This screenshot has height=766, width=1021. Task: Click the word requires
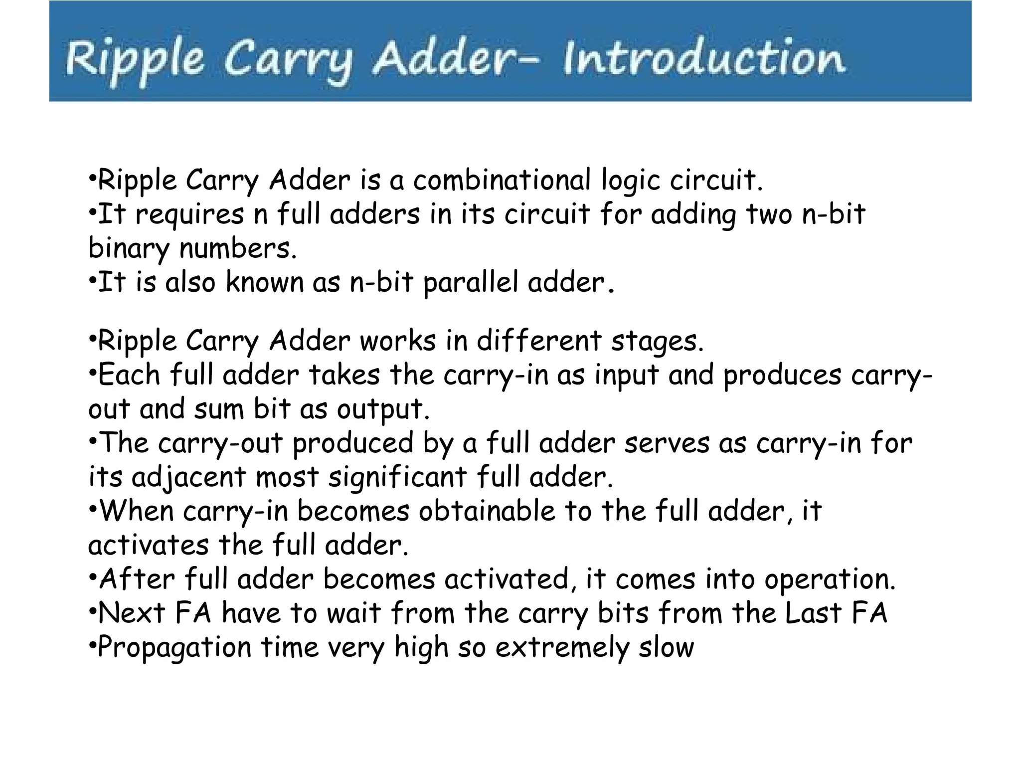click(x=189, y=215)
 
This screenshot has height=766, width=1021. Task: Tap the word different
click(x=539, y=342)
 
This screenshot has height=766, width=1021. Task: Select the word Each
click(x=129, y=375)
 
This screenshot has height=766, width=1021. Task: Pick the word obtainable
click(x=487, y=512)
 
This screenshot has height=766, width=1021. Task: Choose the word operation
click(x=830, y=580)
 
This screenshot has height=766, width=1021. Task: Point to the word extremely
click(x=562, y=648)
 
